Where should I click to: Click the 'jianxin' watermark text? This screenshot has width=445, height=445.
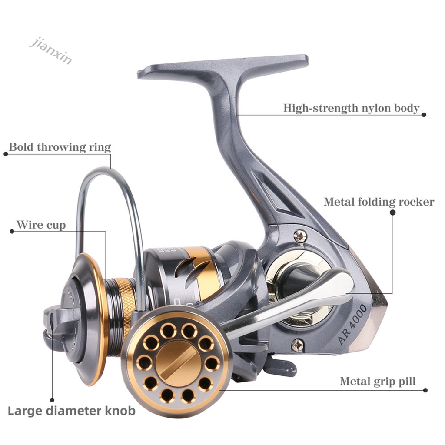click(x=50, y=51)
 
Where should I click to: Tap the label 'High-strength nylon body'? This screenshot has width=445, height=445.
click(x=351, y=108)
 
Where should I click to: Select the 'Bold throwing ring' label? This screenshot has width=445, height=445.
click(x=60, y=147)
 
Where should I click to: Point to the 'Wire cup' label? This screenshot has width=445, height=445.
click(x=41, y=225)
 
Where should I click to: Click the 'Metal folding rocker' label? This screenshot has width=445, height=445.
click(x=379, y=202)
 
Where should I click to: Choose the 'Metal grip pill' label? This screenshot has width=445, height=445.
click(x=377, y=382)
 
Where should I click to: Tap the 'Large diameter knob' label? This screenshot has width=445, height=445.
click(x=72, y=410)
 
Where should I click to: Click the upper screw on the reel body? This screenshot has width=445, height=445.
click(x=299, y=236)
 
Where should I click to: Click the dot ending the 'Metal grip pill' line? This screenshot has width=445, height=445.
click(x=425, y=390)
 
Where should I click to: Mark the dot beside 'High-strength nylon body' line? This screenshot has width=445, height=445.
click(x=424, y=115)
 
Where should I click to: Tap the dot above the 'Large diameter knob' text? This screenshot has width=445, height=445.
click(x=52, y=399)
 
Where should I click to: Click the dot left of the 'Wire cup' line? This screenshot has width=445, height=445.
click(x=12, y=232)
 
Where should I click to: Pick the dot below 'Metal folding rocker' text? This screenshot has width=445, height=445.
click(x=392, y=213)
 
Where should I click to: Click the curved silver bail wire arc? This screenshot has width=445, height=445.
click(x=109, y=174)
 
